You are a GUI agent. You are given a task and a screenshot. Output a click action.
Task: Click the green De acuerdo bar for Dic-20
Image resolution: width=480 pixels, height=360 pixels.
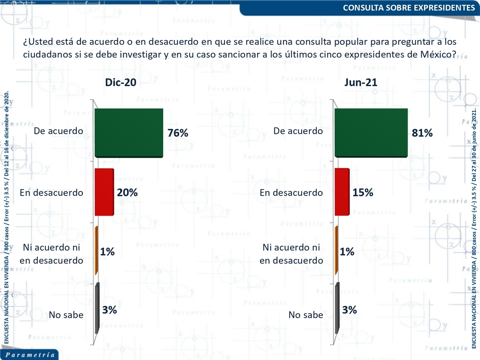129,132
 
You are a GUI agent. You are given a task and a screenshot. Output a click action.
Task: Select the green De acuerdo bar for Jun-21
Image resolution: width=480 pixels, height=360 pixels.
371,132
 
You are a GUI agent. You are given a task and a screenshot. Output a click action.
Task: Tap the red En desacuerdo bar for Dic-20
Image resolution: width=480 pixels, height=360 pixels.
104,192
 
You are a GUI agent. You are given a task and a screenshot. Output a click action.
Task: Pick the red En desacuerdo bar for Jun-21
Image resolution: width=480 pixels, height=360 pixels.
342,192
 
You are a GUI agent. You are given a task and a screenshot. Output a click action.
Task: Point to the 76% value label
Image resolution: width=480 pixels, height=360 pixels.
178,133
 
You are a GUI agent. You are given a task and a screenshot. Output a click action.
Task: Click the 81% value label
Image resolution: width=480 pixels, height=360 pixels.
422,133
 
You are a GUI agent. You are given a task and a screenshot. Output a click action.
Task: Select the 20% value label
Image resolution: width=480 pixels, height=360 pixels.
127,192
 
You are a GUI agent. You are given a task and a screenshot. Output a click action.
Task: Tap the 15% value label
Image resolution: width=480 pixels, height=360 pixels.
363,192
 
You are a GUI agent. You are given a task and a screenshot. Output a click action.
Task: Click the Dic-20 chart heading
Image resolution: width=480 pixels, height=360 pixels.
120,82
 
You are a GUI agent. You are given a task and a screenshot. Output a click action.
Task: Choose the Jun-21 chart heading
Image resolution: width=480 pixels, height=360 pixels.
361,82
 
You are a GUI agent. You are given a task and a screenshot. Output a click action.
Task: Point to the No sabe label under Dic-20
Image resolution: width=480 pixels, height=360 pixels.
66,315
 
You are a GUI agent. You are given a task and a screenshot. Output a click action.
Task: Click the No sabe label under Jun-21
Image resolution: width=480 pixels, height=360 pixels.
306,315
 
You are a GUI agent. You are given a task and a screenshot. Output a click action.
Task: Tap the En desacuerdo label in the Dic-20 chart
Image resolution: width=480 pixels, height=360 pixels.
52,193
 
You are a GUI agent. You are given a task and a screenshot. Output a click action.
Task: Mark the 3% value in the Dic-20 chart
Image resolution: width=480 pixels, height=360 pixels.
109,310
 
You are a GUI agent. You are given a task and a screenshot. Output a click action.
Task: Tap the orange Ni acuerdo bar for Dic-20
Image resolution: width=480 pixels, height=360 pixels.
96,250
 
